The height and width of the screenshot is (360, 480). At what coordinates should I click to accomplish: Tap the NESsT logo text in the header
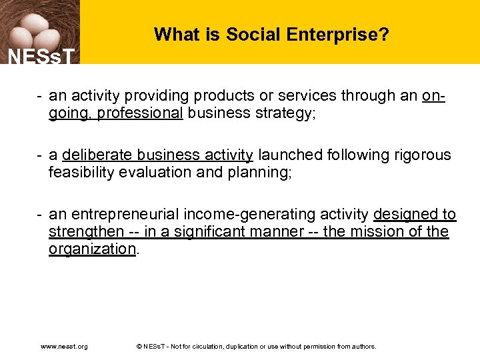tap(39, 57)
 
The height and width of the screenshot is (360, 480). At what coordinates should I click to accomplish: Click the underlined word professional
tap(140, 113)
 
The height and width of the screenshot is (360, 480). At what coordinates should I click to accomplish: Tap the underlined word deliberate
tap(97, 155)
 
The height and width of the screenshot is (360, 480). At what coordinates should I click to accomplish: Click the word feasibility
tap(84, 173)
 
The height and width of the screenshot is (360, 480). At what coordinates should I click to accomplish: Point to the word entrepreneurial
tap(127, 215)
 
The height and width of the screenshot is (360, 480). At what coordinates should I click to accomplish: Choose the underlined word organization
tap(92, 249)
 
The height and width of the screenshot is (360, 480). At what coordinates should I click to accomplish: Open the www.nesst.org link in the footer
tap(64, 347)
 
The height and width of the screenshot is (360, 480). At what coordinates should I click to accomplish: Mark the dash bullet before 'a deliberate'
tap(41, 155)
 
